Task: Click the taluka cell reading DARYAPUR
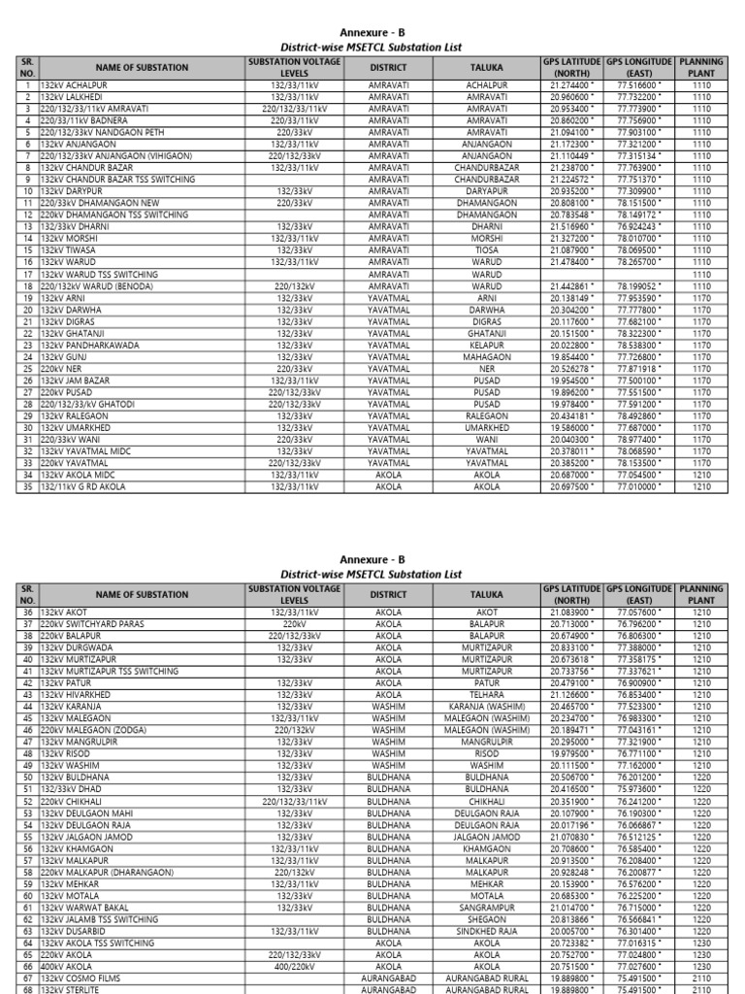pos(486,191)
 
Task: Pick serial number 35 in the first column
pos(27,486)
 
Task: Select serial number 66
pos(27,967)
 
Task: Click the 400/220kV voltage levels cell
pos(294,967)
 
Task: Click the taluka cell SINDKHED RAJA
pos(486,931)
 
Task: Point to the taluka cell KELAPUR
pos(486,345)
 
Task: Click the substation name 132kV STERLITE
pos(74,989)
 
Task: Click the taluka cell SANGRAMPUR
pos(486,908)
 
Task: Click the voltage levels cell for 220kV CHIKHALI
pos(294,801)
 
